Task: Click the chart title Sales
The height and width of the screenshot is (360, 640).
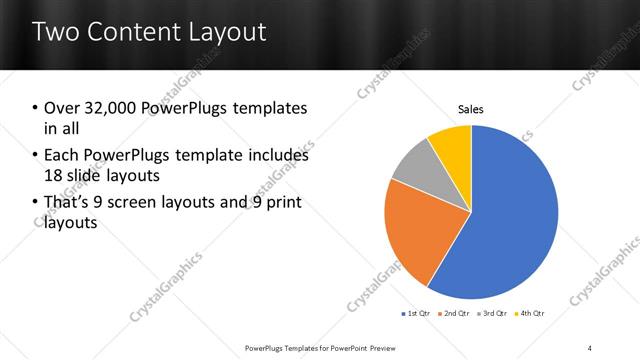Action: click(471, 109)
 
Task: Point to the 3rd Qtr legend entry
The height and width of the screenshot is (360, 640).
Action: click(492, 314)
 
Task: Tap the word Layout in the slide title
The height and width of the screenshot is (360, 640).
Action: click(222, 32)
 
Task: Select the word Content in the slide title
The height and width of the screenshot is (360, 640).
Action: click(134, 32)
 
